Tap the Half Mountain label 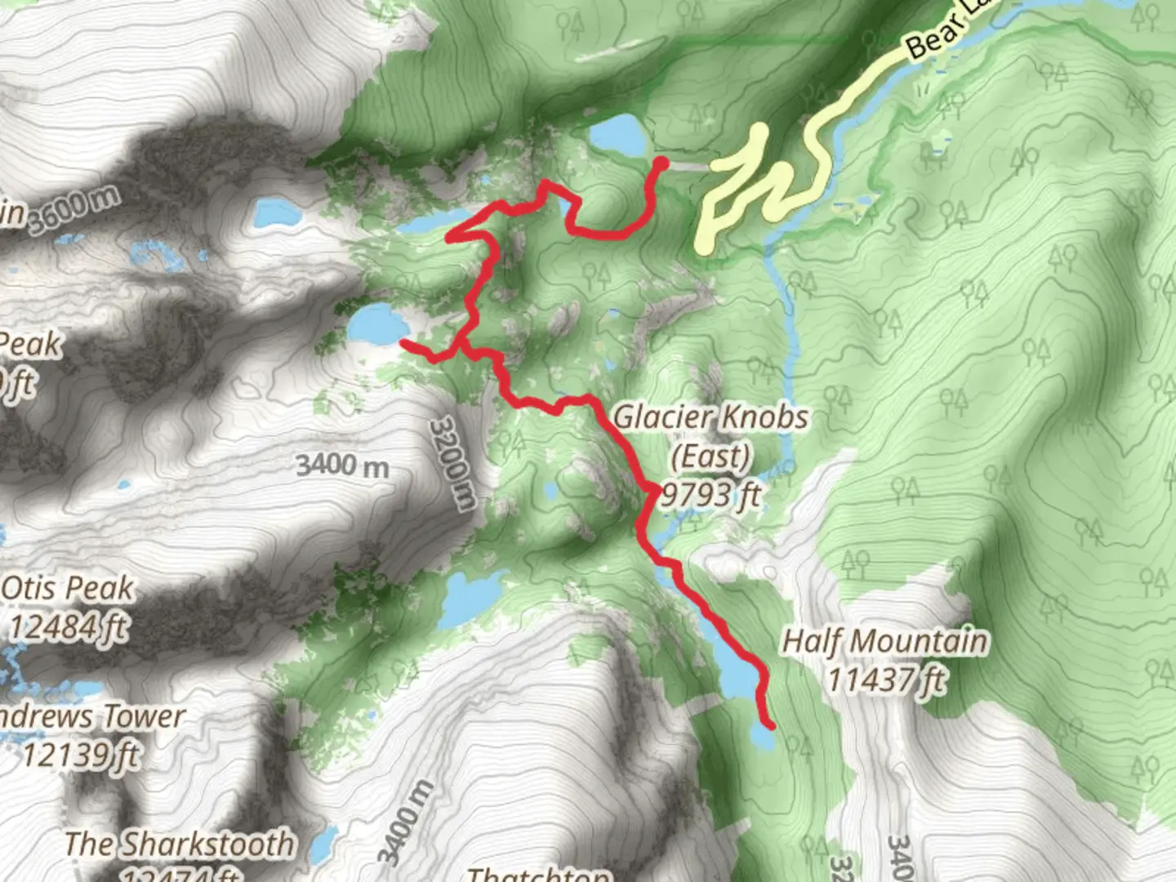pos(884,642)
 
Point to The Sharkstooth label pos(179,844)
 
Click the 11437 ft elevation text pos(886,679)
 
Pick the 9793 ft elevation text pos(711,494)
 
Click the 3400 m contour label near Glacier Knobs pos(342,465)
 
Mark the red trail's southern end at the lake pos(768,724)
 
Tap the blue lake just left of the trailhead pos(617,135)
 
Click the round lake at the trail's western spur pos(378,323)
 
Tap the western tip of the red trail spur pos(404,345)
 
